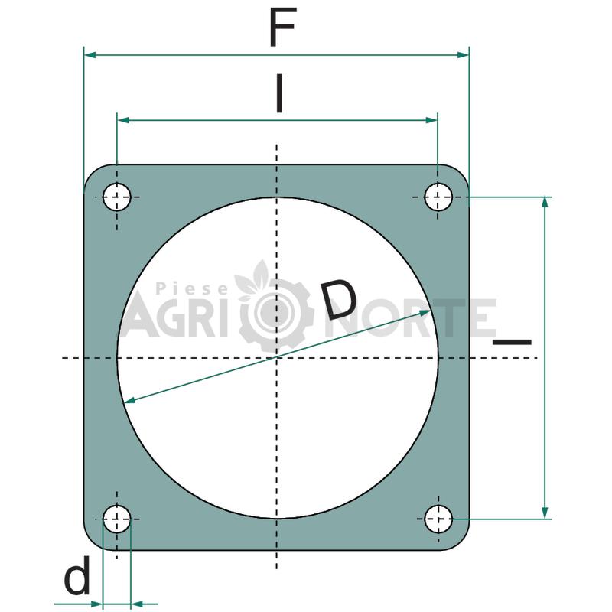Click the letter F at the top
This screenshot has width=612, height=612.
[x=282, y=28]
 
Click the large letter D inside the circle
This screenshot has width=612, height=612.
[x=340, y=299]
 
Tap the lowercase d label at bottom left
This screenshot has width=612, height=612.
[x=77, y=575]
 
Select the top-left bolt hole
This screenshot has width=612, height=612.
[x=117, y=197]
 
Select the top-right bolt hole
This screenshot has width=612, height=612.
[x=438, y=197]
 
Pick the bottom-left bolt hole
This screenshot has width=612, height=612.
[x=117, y=519]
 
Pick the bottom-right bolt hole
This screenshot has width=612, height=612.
[x=438, y=519]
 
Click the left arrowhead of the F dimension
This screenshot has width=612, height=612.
[x=90, y=54]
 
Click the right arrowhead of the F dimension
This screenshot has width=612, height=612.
[x=463, y=54]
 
